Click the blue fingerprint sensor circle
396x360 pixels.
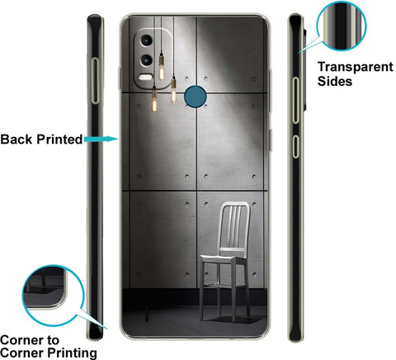tap(195, 97)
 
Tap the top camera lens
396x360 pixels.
tap(146, 40)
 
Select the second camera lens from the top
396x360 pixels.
tap(146, 60)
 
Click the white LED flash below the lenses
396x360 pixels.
tap(145, 78)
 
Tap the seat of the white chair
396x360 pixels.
tap(223, 259)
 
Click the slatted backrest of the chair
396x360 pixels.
tap(234, 225)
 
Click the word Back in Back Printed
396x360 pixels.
tap(16, 140)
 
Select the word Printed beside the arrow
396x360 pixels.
tap(59, 140)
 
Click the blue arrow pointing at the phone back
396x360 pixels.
tap(101, 139)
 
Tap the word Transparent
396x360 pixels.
tap(356, 67)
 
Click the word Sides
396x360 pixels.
tap(335, 81)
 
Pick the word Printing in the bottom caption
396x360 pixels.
tap(73, 353)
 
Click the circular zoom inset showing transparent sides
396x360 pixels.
tap(342, 26)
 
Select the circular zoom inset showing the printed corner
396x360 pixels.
tap(53, 296)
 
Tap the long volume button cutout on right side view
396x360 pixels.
tap(295, 100)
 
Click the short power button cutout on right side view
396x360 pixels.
tap(295, 146)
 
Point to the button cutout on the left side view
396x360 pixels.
tap(95, 81)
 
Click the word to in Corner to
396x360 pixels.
tap(51, 341)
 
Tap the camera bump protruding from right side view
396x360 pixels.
tap(304, 69)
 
